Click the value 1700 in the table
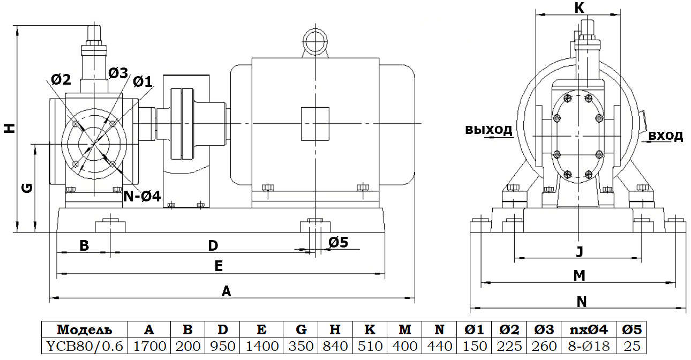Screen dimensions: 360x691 point(149,346)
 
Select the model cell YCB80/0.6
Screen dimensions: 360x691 point(85,346)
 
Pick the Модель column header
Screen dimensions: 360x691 point(85,329)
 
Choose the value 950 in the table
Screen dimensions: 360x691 point(222,346)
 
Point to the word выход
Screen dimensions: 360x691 point(489,130)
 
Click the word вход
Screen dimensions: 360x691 point(665,136)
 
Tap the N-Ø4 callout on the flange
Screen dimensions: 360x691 point(142,196)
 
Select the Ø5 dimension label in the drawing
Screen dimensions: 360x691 point(338,242)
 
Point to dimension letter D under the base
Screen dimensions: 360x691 point(213,246)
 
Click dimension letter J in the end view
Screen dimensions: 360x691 point(579,251)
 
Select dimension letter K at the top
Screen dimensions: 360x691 point(579,7)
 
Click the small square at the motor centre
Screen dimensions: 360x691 point(315,124)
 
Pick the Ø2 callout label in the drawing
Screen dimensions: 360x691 point(61,80)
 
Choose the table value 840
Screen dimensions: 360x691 point(334,346)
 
